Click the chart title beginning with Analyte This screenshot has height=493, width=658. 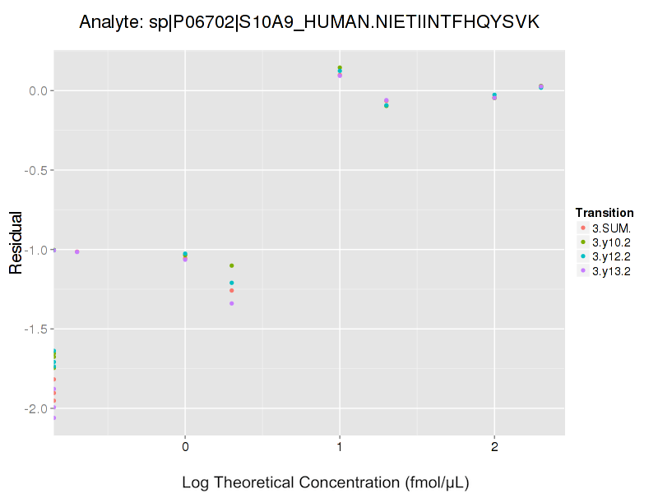[309, 22]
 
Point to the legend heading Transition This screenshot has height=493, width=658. [605, 213]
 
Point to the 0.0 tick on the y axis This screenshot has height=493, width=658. [39, 90]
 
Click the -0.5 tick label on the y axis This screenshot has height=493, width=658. [37, 170]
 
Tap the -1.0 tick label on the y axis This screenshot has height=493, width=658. [37, 250]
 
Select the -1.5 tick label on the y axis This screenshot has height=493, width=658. [37, 329]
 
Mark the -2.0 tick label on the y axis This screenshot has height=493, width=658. [37, 409]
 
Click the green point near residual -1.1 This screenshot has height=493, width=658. [232, 265]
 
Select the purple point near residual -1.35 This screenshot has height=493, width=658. [232, 303]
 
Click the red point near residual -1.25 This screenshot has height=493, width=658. [232, 290]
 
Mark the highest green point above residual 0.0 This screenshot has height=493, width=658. [340, 67]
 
